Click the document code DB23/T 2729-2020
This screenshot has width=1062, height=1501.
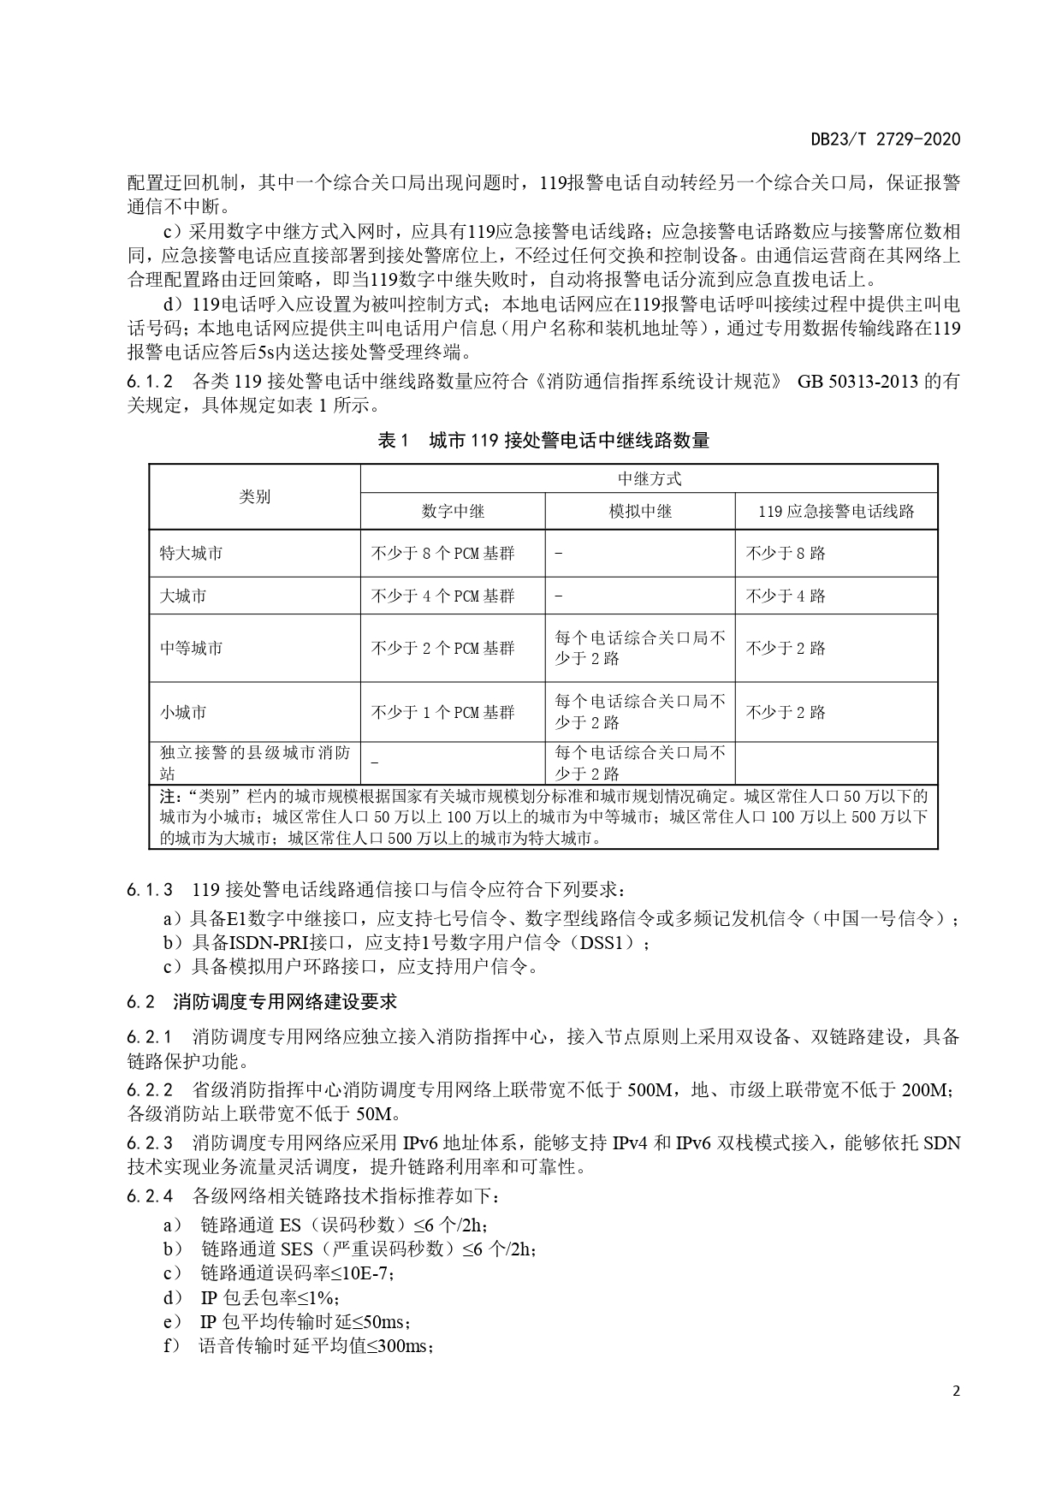pos(886,139)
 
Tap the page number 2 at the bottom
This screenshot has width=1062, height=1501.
pos(956,1391)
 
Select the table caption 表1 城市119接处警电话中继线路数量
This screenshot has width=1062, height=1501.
pos(543,441)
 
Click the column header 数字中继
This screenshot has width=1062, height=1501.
pos(453,511)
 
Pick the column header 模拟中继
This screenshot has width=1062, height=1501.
pos(640,511)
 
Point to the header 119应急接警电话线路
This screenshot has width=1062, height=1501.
pos(836,511)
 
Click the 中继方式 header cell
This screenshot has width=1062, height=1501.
pos(649,479)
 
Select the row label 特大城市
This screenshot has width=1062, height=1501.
pos(191,553)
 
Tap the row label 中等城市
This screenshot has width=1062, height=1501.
pos(191,648)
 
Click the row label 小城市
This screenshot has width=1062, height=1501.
pos(183,712)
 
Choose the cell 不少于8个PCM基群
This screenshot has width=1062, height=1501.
pos(442,553)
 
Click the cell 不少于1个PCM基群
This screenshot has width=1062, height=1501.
pos(442,712)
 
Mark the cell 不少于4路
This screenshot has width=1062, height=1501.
pos(785,596)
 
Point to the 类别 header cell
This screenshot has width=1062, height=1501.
pos(254,496)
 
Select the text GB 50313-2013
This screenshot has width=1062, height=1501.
pos(858,381)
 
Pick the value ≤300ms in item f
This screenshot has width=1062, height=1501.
pos(400,1346)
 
